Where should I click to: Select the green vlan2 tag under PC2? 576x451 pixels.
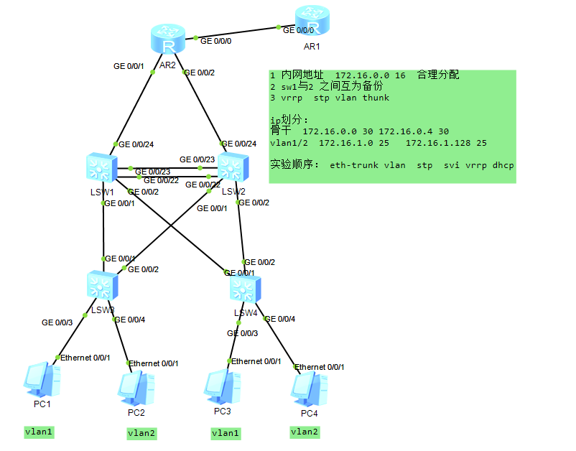141,433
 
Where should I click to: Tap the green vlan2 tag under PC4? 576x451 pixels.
305,432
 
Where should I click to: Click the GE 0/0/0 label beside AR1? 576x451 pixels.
299,30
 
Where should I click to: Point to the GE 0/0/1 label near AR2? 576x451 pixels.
129,66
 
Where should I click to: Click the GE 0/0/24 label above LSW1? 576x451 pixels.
136,144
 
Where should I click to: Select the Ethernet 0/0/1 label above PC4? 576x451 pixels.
319,367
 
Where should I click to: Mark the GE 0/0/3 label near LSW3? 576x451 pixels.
57,323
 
